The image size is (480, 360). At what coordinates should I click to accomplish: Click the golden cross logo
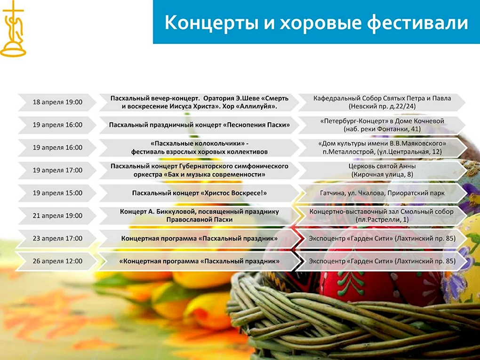[x=13, y=29]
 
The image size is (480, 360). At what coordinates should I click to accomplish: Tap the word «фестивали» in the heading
[x=417, y=23]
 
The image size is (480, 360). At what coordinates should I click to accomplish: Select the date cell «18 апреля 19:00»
[x=57, y=102]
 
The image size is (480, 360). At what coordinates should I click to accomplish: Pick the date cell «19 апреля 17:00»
[x=57, y=170]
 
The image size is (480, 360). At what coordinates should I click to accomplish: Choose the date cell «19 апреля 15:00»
[x=57, y=193]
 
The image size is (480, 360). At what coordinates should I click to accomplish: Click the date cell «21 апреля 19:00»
[x=57, y=216]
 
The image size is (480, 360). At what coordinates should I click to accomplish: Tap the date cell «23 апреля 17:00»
[x=57, y=238]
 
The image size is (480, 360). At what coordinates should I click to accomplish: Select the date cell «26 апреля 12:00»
[x=57, y=261]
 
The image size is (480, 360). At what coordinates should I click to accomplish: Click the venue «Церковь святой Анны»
[x=382, y=166]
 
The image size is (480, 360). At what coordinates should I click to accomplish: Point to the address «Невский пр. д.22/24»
[x=382, y=106]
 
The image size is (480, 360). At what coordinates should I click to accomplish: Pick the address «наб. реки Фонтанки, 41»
[x=382, y=129]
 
